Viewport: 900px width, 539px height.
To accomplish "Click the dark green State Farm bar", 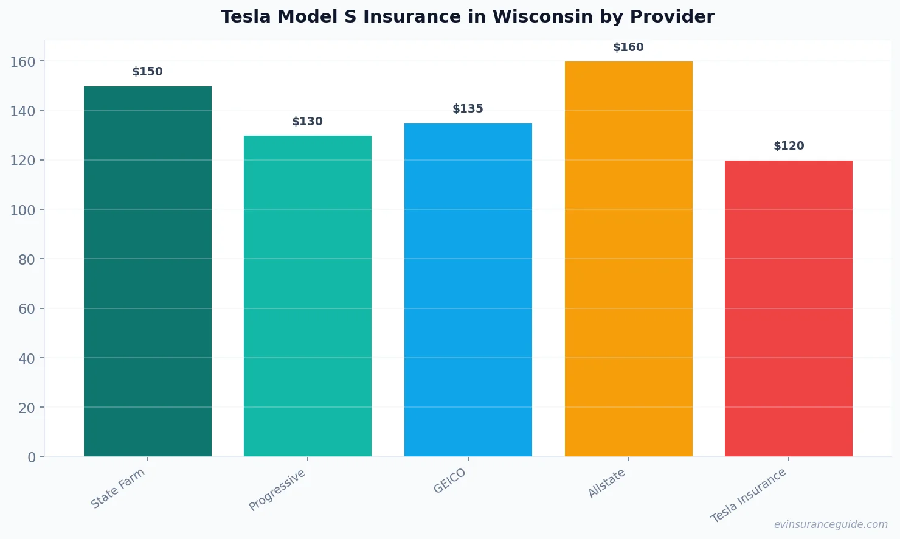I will [x=148, y=271].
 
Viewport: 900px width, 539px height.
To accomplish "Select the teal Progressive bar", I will [x=308, y=296].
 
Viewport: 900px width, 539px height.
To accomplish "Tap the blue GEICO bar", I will [x=468, y=290].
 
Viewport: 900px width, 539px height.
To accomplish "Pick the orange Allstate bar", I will [x=628, y=259].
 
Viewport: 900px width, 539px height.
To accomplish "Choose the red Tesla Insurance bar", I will [x=789, y=308].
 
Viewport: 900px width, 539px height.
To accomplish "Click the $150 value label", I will [x=148, y=72].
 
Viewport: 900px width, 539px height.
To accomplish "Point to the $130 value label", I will [x=308, y=122].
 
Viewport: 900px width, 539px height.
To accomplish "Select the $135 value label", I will [x=468, y=109].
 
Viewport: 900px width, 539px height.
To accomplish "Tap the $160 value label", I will [x=628, y=47].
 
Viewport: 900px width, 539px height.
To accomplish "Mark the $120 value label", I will [x=789, y=146].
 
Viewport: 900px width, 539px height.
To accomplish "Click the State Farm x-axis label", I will [x=118, y=488].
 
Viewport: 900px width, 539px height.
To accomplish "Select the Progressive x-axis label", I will [x=277, y=490].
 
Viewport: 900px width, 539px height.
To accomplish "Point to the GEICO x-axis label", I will [x=450, y=481].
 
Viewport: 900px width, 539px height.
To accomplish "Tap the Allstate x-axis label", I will [x=607, y=484].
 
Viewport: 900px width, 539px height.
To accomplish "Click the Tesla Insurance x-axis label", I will [x=749, y=495].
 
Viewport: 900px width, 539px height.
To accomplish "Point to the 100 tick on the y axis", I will [x=23, y=210].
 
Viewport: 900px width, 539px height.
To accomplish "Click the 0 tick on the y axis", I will [x=32, y=457].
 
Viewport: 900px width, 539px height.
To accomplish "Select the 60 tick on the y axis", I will [x=27, y=309].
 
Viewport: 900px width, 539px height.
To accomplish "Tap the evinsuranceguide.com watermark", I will [x=831, y=524].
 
